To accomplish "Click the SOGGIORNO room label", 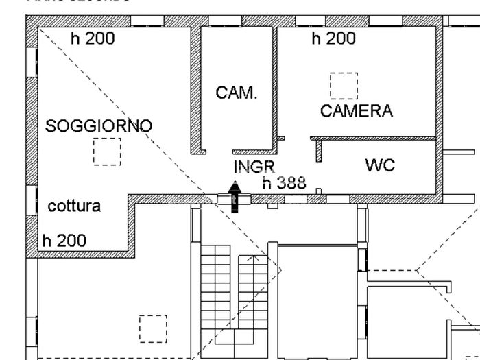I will [99, 126].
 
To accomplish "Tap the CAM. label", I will [237, 93].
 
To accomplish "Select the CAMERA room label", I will [356, 111].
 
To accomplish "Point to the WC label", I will [379, 166].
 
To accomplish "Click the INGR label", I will [254, 167].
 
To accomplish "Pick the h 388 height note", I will [284, 183].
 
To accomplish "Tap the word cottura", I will [74, 206].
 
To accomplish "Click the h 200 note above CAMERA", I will [334, 38].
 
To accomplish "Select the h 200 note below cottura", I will [64, 241].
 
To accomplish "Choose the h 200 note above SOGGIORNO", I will [93, 38].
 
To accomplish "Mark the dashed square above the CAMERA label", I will [344, 86].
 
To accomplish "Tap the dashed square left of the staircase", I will [153, 328].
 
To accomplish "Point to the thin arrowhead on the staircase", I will [256, 259].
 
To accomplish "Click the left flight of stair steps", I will [215, 288].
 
